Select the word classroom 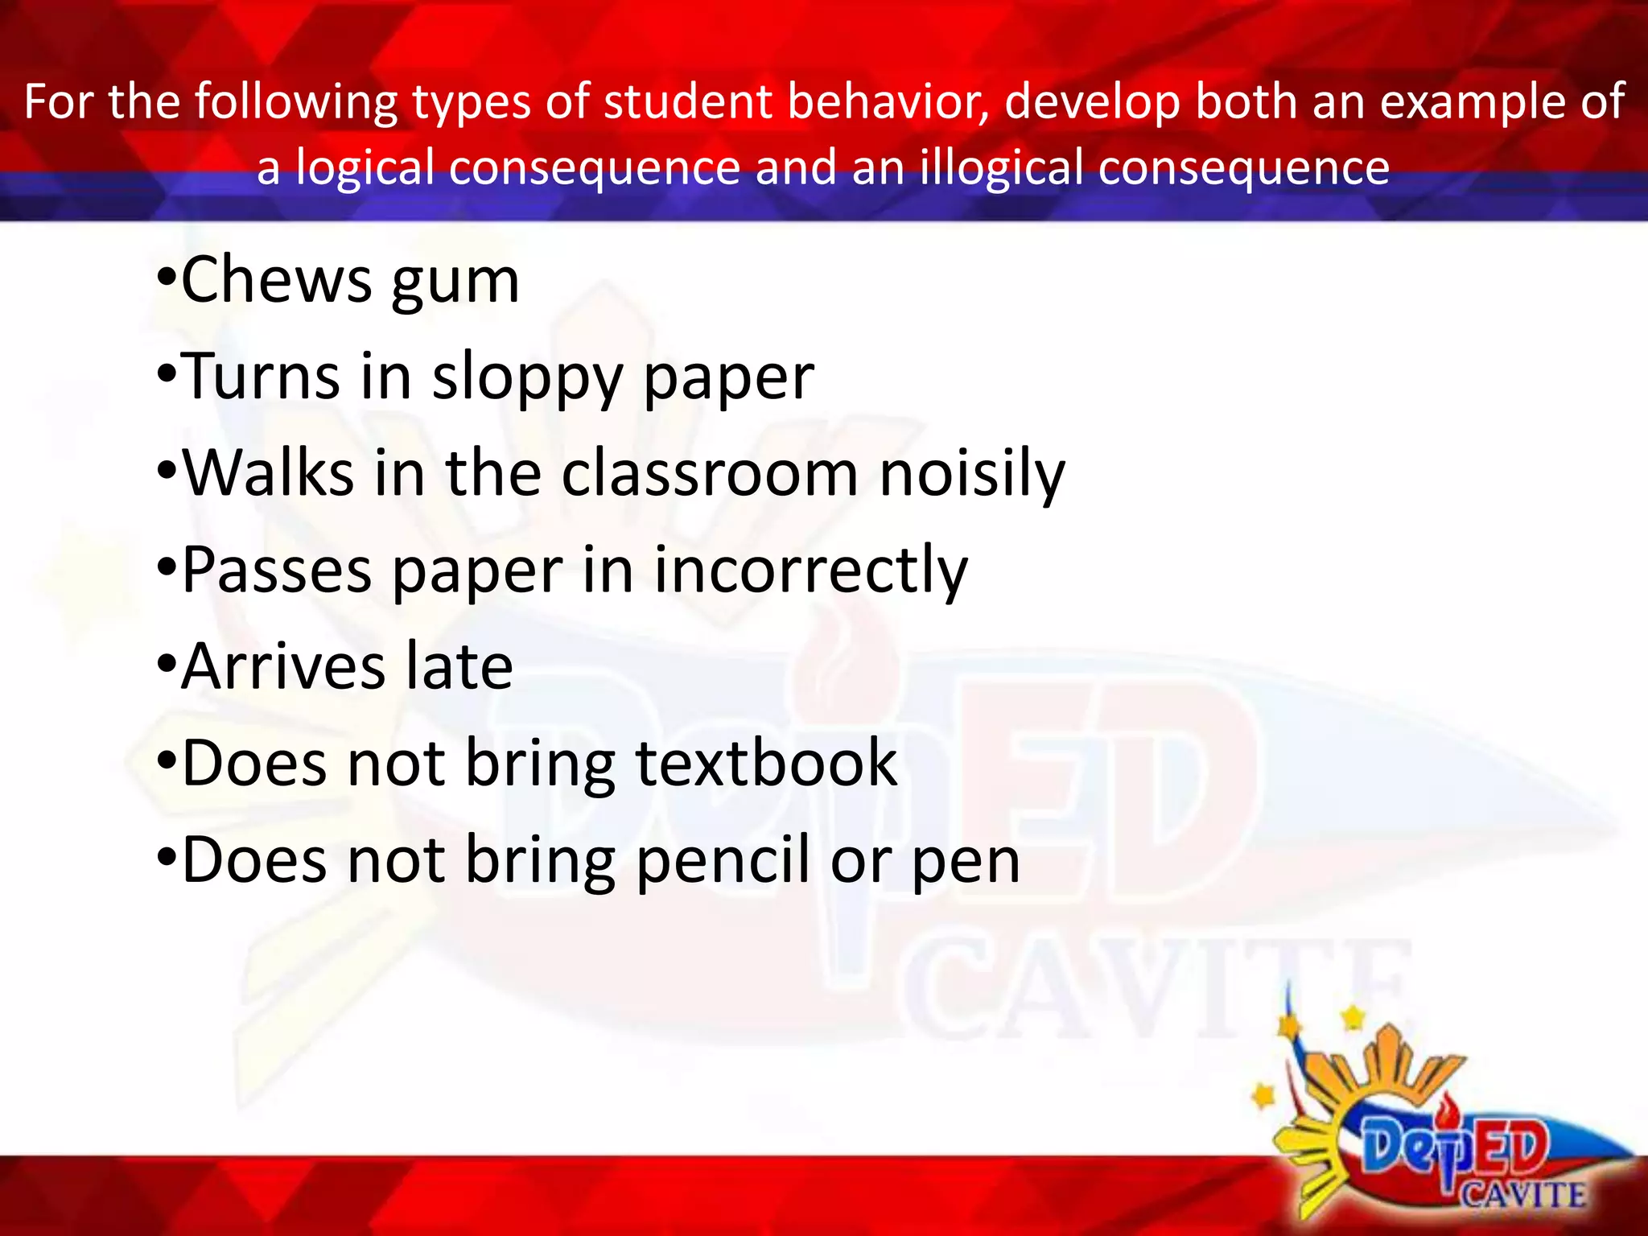(710, 473)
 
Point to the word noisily (972, 475)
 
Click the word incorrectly (810, 571)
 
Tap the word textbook (766, 764)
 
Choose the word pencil (723, 860)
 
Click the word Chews (276, 281)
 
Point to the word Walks (269, 473)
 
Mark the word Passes (277, 571)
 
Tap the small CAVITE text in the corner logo (1523, 1193)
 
